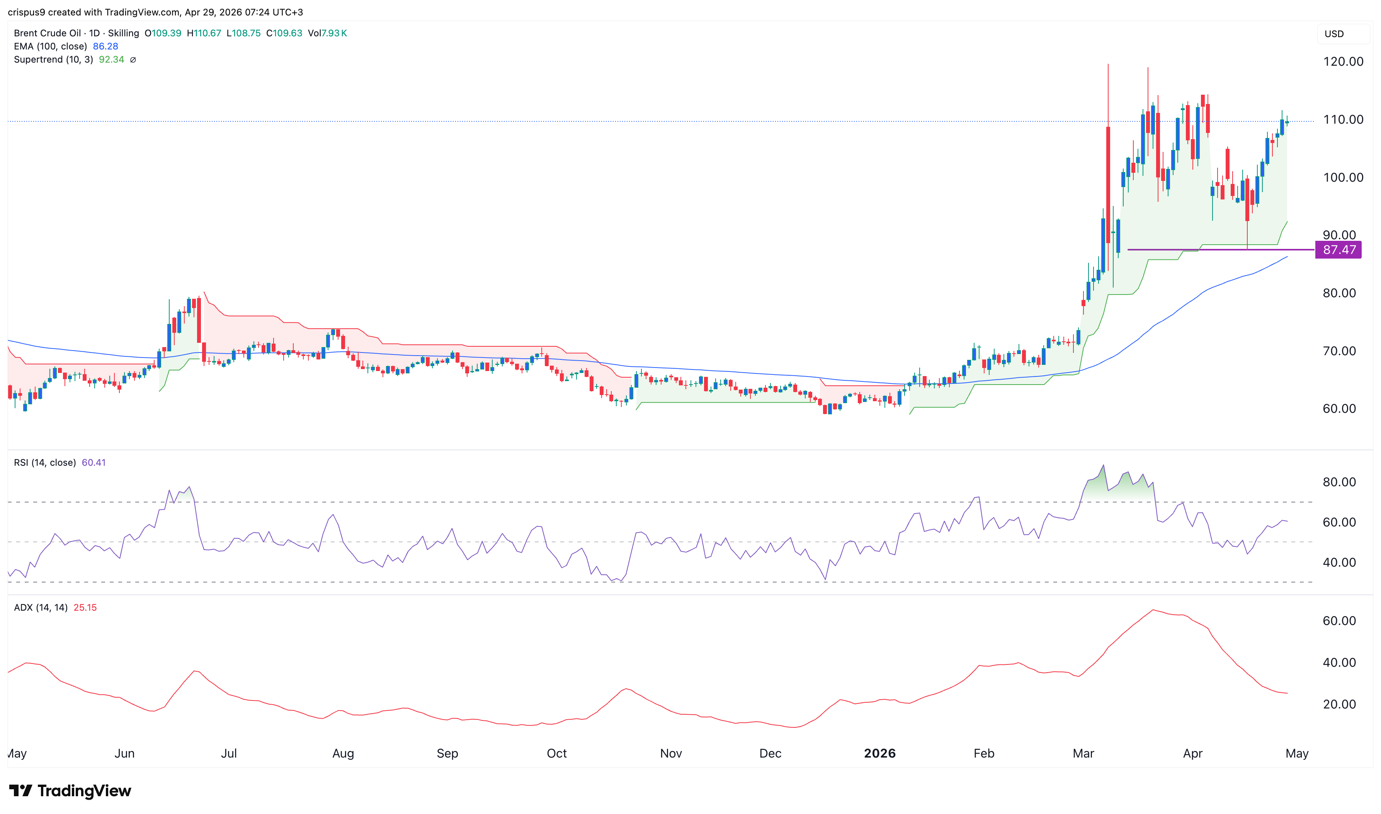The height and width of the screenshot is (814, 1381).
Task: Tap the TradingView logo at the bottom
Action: [70, 790]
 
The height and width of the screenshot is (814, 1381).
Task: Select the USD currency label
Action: [1334, 34]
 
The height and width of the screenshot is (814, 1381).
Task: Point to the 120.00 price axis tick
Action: [1343, 61]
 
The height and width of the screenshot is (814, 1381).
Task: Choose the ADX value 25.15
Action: [85, 608]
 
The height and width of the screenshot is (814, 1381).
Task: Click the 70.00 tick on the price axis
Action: [1339, 351]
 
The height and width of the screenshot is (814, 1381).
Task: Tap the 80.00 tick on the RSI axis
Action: [1339, 482]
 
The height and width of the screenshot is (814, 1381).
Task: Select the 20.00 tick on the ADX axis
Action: [1339, 704]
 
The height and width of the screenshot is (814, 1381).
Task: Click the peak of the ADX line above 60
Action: [1153, 610]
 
